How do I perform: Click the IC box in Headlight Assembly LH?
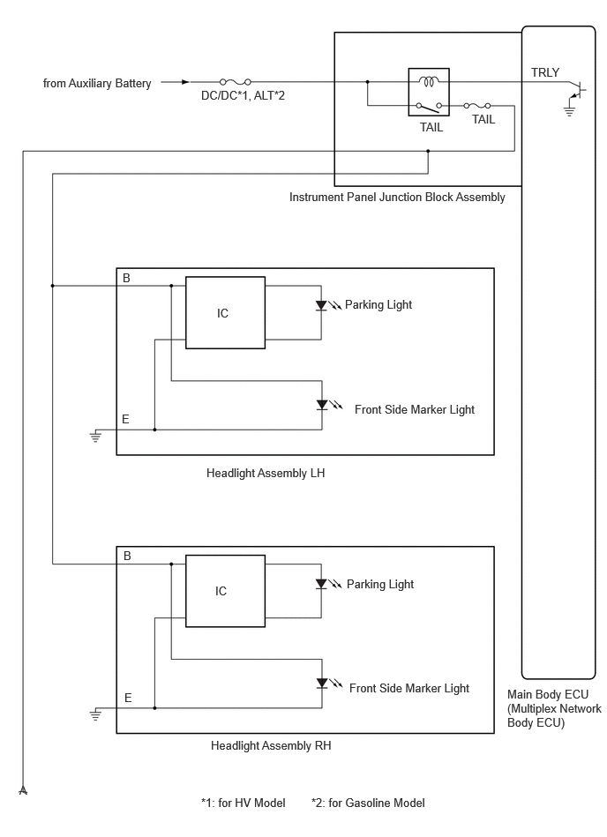[x=224, y=312]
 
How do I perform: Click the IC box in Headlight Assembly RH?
[x=224, y=591]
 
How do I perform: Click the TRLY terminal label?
[x=544, y=72]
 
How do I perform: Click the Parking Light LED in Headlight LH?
[x=322, y=306]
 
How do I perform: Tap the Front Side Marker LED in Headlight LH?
[x=322, y=406]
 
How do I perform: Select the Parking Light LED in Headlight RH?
[x=322, y=584]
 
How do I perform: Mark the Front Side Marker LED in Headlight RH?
[x=322, y=684]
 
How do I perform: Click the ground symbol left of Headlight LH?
[x=96, y=436]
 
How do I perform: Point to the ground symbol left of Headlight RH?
[x=96, y=714]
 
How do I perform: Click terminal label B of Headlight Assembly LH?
[x=126, y=279]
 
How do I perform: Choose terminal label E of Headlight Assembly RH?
[x=128, y=698]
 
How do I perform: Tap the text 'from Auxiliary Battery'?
[x=97, y=84]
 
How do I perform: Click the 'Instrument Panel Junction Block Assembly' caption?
[x=397, y=198]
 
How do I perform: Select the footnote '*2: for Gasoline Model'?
[x=368, y=803]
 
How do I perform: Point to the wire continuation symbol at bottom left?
[x=23, y=788]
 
